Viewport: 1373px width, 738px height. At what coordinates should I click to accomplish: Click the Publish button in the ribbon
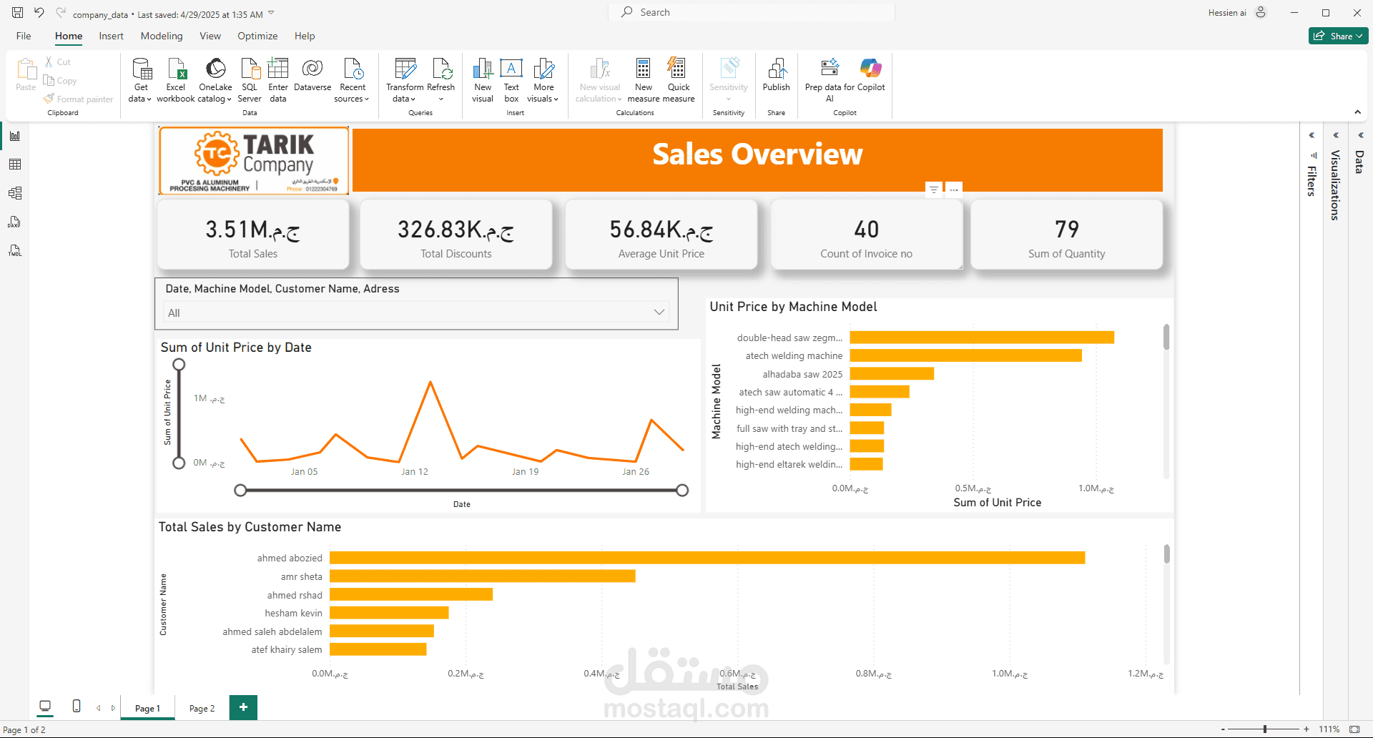click(x=776, y=75)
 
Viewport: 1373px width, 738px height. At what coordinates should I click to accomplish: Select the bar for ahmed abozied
click(x=707, y=558)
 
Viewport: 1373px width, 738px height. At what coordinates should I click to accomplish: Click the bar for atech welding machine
click(x=965, y=355)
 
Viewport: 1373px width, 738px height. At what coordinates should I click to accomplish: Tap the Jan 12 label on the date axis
click(x=415, y=472)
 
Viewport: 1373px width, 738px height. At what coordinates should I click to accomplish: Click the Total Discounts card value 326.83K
click(x=456, y=230)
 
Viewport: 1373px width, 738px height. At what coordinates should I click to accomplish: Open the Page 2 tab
click(x=202, y=708)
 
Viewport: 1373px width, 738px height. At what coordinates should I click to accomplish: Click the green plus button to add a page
click(x=243, y=707)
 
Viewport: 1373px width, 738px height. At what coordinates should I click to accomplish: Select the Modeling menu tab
click(x=162, y=36)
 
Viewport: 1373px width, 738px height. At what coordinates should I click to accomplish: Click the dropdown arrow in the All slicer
click(x=659, y=313)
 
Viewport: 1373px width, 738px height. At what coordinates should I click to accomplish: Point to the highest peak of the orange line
click(x=430, y=383)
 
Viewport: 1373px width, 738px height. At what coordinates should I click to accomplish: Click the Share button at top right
click(x=1337, y=36)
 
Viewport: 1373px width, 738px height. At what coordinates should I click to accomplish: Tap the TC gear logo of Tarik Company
click(x=217, y=152)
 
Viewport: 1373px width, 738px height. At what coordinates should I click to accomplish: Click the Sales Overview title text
click(x=757, y=154)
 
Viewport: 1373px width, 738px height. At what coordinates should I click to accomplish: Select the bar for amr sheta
click(x=482, y=576)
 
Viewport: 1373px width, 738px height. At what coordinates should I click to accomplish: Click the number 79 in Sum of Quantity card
click(x=1066, y=230)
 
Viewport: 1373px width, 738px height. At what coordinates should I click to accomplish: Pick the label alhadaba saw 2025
click(x=802, y=374)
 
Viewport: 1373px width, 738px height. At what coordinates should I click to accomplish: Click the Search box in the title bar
click(x=751, y=12)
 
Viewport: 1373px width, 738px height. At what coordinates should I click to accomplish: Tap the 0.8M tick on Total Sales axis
click(x=873, y=674)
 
